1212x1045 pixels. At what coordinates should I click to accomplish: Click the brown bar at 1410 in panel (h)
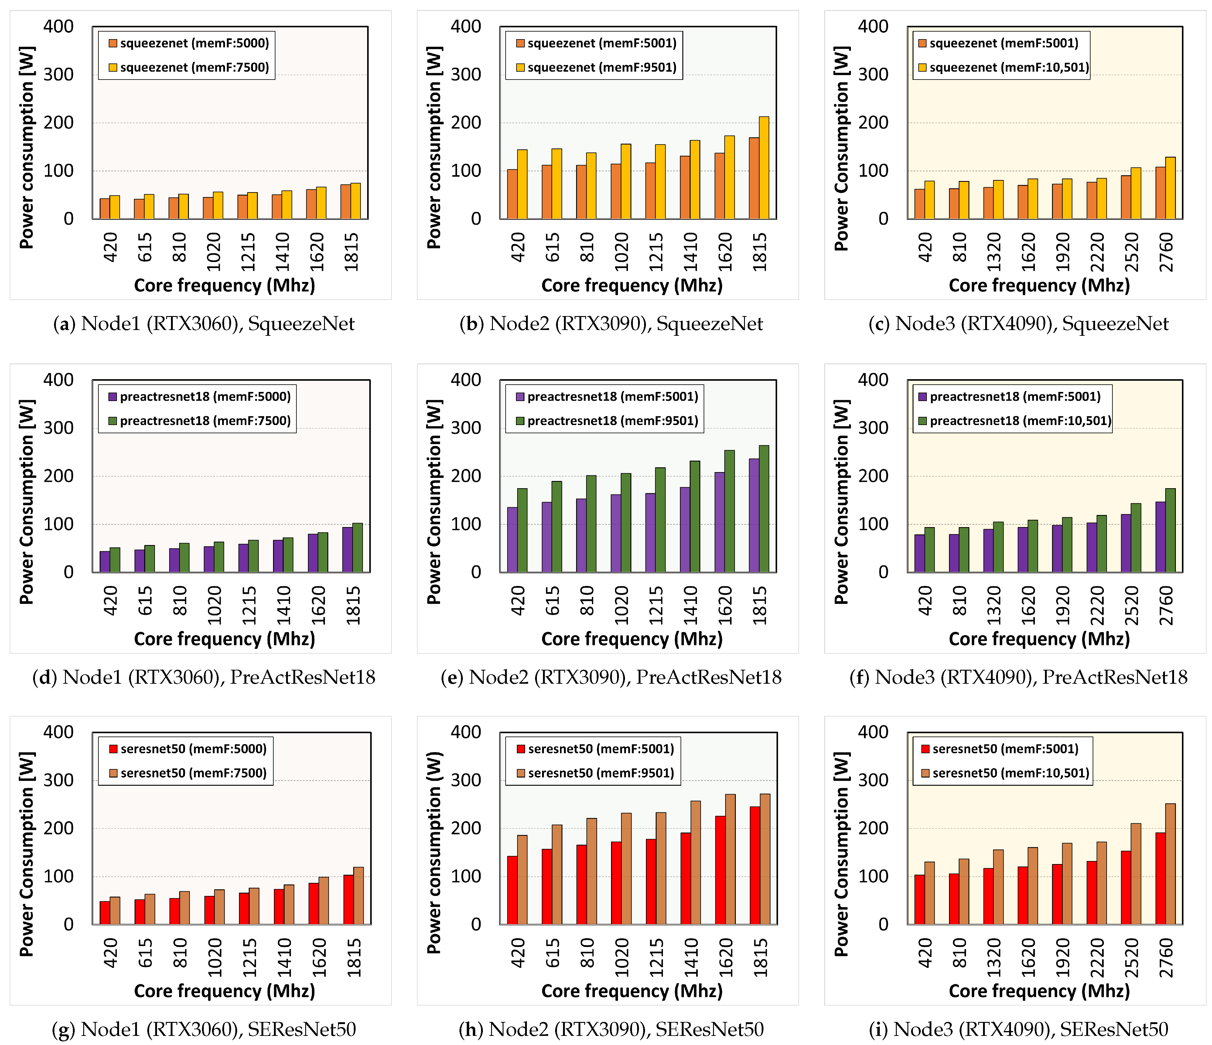tap(695, 863)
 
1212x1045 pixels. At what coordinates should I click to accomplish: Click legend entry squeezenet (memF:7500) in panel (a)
tap(188, 68)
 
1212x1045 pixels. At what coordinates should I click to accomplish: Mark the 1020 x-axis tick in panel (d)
tap(214, 605)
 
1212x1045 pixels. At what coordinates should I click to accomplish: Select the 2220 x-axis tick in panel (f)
tap(1097, 605)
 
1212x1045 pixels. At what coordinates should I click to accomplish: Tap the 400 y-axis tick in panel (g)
tap(59, 732)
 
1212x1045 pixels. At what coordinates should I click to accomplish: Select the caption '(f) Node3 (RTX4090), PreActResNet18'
tap(1018, 677)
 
